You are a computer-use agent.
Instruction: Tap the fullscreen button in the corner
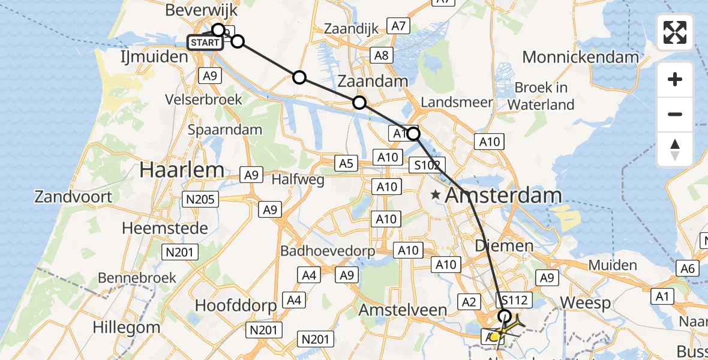click(675, 32)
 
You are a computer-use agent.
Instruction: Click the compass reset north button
click(675, 149)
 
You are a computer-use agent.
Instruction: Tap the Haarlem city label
click(182, 170)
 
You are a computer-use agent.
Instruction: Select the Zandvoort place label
click(73, 196)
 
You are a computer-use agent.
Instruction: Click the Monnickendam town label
click(580, 58)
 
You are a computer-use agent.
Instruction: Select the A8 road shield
click(382, 56)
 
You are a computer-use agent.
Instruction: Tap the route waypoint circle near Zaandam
click(359, 103)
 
